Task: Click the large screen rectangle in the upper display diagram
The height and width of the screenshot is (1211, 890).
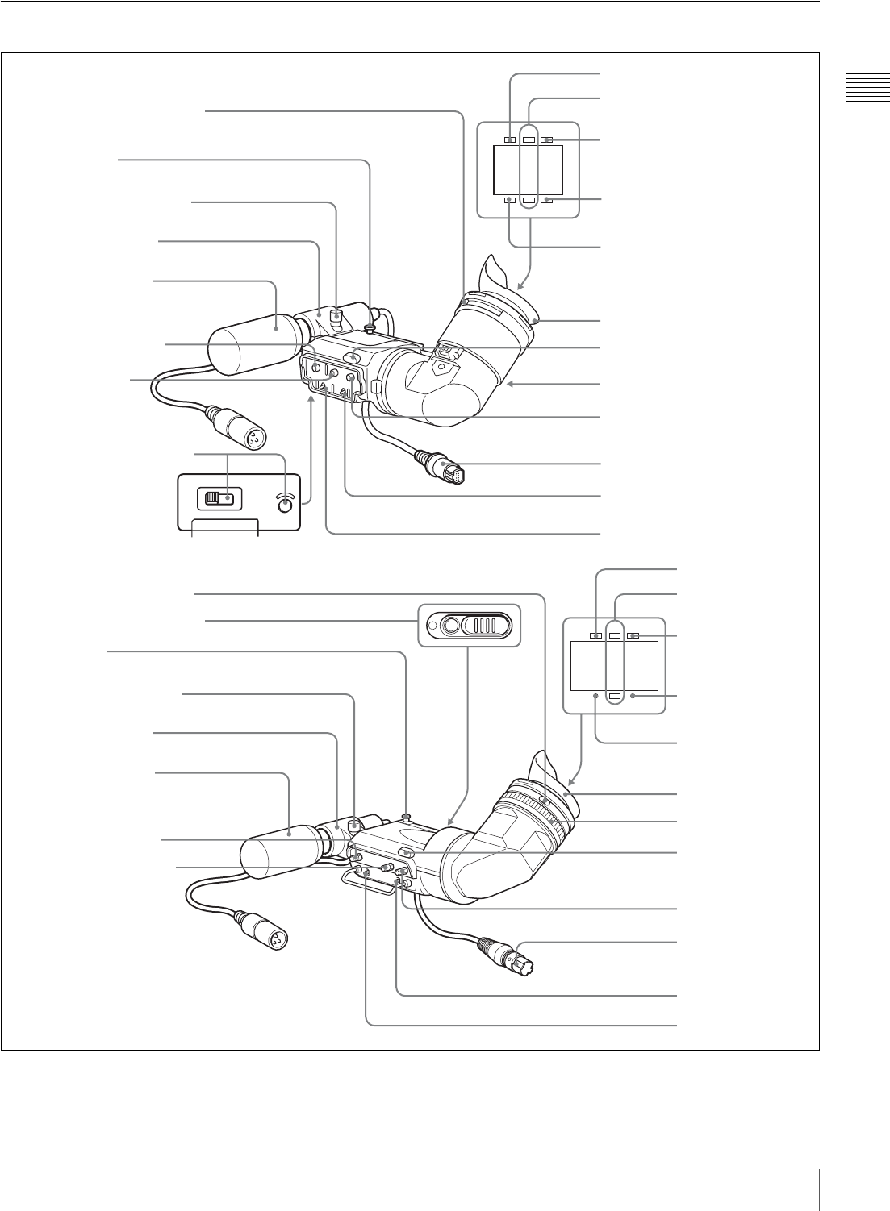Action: [x=527, y=169]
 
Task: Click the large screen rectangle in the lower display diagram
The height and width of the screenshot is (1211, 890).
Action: [x=614, y=665]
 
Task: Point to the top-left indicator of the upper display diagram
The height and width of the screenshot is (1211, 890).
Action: [x=509, y=139]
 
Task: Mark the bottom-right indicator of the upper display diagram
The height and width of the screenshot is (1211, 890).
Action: [x=546, y=199]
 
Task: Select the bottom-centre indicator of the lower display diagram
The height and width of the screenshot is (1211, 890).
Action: [x=615, y=695]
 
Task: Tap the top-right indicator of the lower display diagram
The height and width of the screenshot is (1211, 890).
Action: [x=634, y=635]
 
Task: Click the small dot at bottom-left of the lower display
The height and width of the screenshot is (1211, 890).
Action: [x=596, y=695]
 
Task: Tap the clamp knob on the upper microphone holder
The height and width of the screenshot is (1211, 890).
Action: [x=336, y=311]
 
